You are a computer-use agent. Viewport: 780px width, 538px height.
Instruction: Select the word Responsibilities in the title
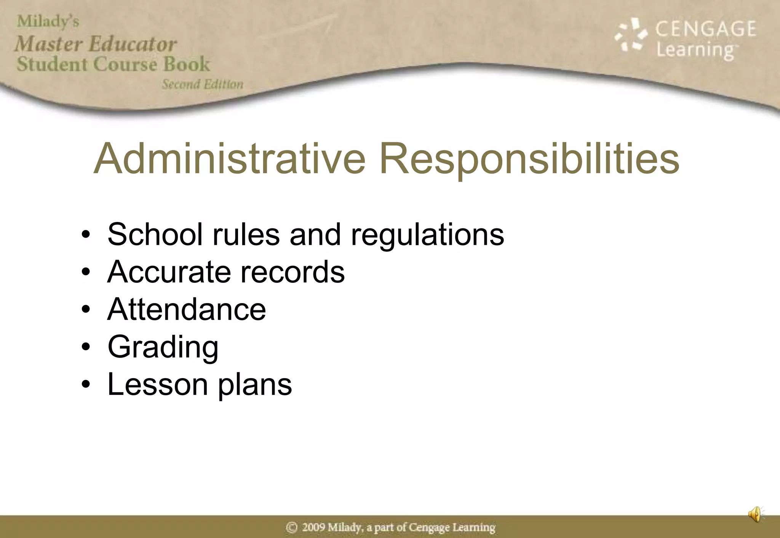tap(529, 159)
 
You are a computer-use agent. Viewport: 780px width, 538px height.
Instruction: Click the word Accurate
tap(169, 272)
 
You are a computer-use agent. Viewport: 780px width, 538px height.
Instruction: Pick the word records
tap(292, 272)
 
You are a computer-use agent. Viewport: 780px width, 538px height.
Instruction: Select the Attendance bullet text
tap(187, 309)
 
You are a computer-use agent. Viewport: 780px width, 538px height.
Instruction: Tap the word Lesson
tap(158, 384)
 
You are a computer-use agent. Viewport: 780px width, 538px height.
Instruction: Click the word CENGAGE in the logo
tap(706, 29)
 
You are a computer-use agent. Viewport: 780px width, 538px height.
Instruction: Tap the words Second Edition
tap(203, 84)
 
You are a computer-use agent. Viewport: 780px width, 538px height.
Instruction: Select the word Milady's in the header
tap(48, 21)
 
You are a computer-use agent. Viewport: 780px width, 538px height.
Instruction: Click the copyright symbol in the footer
tap(292, 527)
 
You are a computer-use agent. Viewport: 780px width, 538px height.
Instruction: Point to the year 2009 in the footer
tap(313, 527)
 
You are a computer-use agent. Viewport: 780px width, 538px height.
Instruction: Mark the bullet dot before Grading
tap(86, 347)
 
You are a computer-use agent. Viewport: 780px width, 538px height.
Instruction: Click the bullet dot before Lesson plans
tap(86, 384)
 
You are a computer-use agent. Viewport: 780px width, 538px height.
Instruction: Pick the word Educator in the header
tap(133, 44)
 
